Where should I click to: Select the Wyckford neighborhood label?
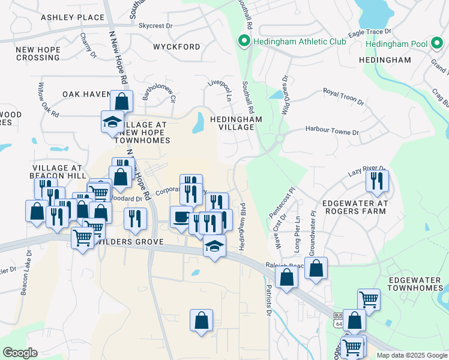click(176, 47)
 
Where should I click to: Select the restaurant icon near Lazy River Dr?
click(377, 181)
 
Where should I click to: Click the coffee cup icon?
click(181, 217)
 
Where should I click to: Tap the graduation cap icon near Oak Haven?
click(112, 121)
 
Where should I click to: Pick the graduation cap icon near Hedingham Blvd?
click(214, 246)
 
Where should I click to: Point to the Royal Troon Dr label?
click(343, 95)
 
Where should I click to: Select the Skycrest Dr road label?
click(155, 26)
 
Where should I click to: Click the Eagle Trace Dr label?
click(372, 31)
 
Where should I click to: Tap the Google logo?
click(20, 352)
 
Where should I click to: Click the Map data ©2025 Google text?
click(411, 355)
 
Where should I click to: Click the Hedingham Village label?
click(237, 124)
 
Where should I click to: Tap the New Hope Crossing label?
click(37, 53)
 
